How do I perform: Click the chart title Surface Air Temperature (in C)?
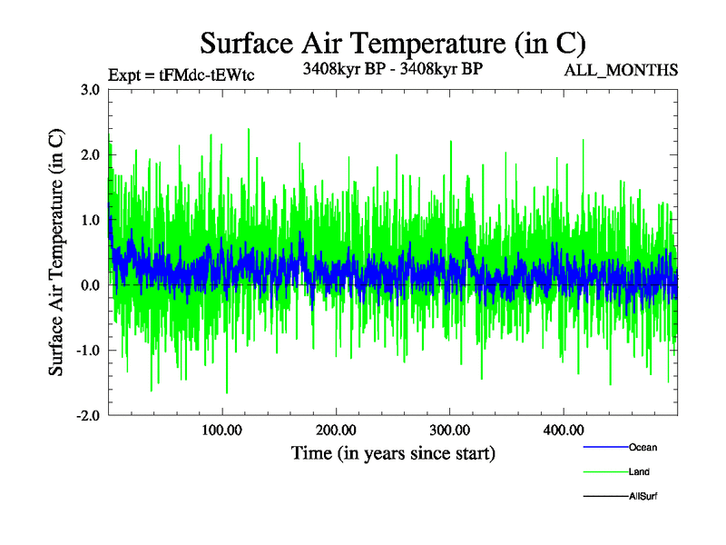[392, 42]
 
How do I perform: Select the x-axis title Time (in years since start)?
[392, 452]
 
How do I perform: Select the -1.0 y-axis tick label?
[87, 351]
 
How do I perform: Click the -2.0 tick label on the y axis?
[87, 415]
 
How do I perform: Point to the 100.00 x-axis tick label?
[222, 430]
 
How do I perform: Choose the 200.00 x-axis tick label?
[336, 430]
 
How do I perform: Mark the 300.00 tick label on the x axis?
[449, 430]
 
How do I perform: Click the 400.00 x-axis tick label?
[563, 430]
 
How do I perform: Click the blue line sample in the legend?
[604, 447]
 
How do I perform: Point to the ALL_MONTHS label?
[622, 70]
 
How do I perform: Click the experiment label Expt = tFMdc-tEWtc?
[181, 74]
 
